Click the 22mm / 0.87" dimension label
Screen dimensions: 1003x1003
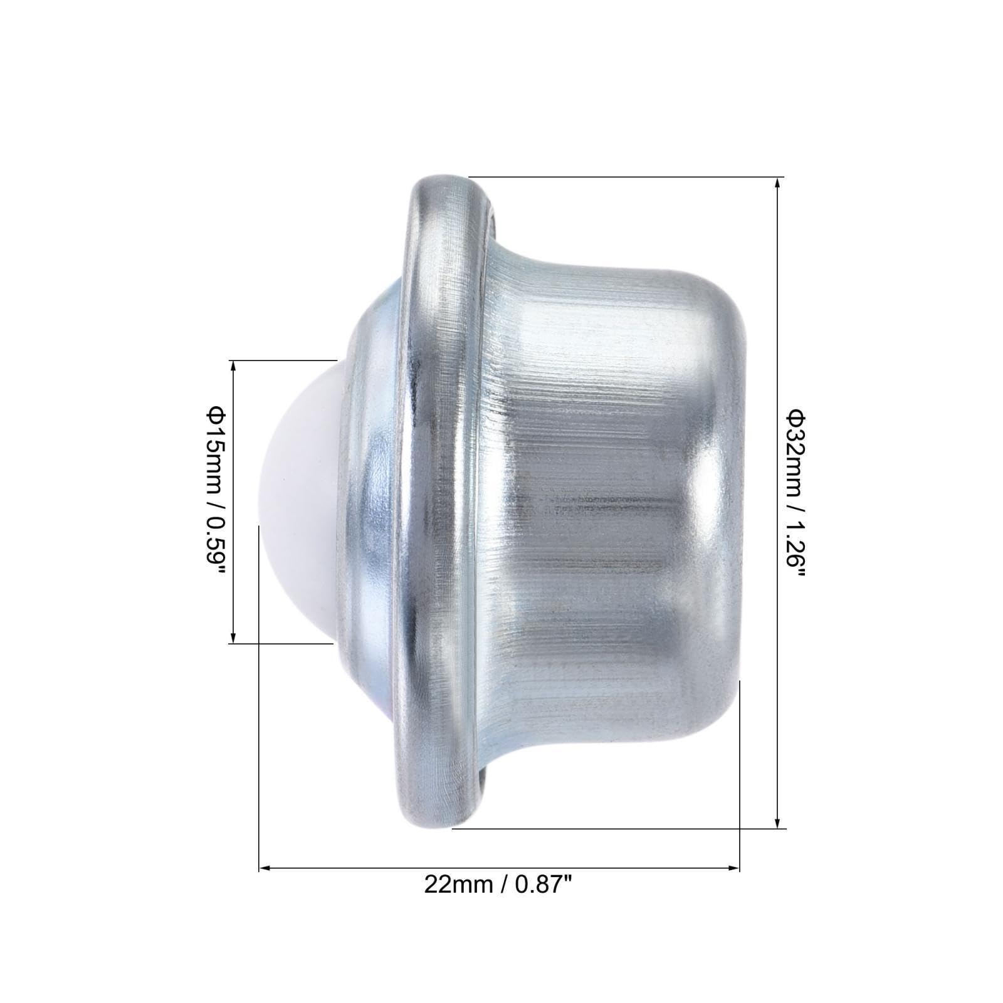pos(498,885)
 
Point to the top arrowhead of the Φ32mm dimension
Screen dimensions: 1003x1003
pos(777,183)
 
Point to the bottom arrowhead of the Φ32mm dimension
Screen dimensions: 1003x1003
pos(777,822)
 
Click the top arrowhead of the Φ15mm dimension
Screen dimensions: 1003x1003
pos(233,366)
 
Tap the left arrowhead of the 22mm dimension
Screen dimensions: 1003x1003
pos(265,868)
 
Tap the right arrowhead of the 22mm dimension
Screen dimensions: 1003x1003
pos(735,868)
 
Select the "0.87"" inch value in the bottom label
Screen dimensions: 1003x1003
pos(543,885)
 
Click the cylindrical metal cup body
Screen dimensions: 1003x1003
pos(614,501)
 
